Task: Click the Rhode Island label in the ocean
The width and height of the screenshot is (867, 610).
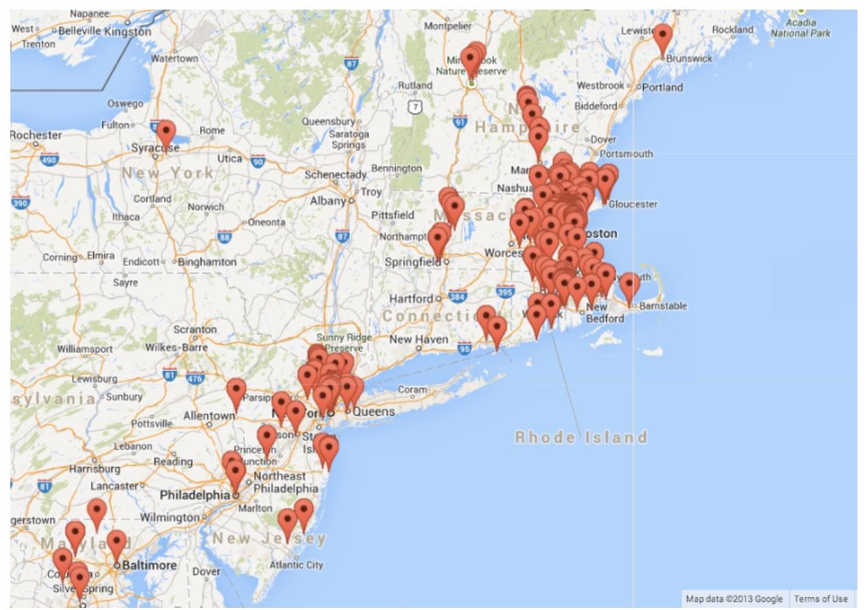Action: [x=581, y=438]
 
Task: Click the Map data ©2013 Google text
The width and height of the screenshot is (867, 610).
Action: [x=734, y=599]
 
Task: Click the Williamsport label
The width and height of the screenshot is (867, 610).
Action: [x=83, y=348]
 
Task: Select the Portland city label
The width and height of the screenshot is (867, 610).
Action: [x=663, y=87]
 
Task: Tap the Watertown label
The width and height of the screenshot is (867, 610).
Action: [x=174, y=58]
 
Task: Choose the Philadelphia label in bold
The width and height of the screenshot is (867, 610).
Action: [x=195, y=495]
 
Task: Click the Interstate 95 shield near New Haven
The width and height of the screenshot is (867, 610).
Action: [x=465, y=348]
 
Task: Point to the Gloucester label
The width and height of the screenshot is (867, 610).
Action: [x=633, y=204]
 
